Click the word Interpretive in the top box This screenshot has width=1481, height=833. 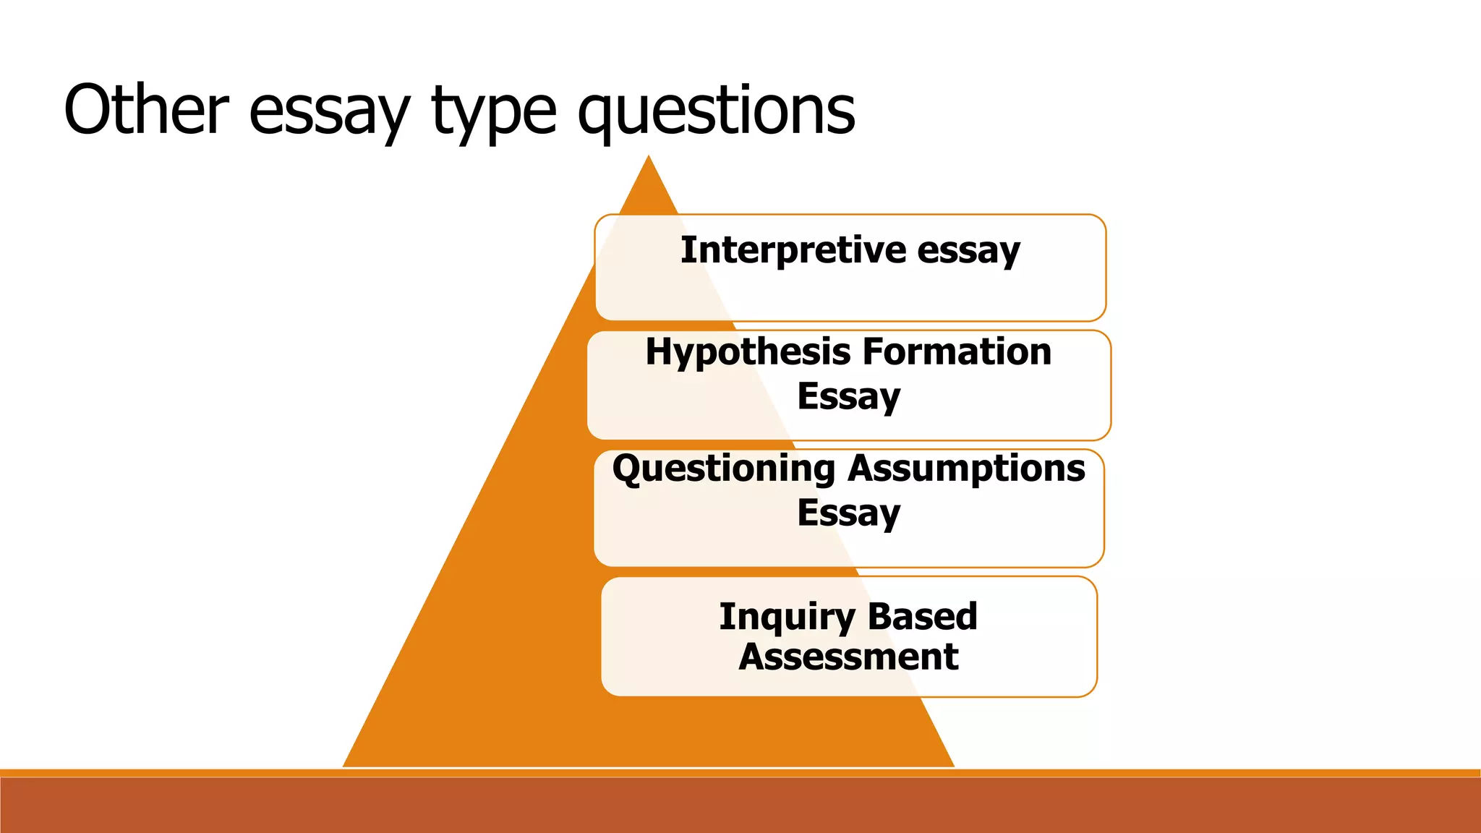pos(793,249)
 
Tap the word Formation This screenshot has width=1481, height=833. pos(957,352)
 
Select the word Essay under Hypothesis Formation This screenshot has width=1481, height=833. pos(849,397)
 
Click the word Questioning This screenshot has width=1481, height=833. pos(724,469)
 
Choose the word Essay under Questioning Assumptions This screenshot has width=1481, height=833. pos(849,513)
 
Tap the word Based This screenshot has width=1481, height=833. pos(922,616)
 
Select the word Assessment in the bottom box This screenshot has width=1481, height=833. pos(849,657)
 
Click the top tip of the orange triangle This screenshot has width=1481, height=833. pos(649,158)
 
